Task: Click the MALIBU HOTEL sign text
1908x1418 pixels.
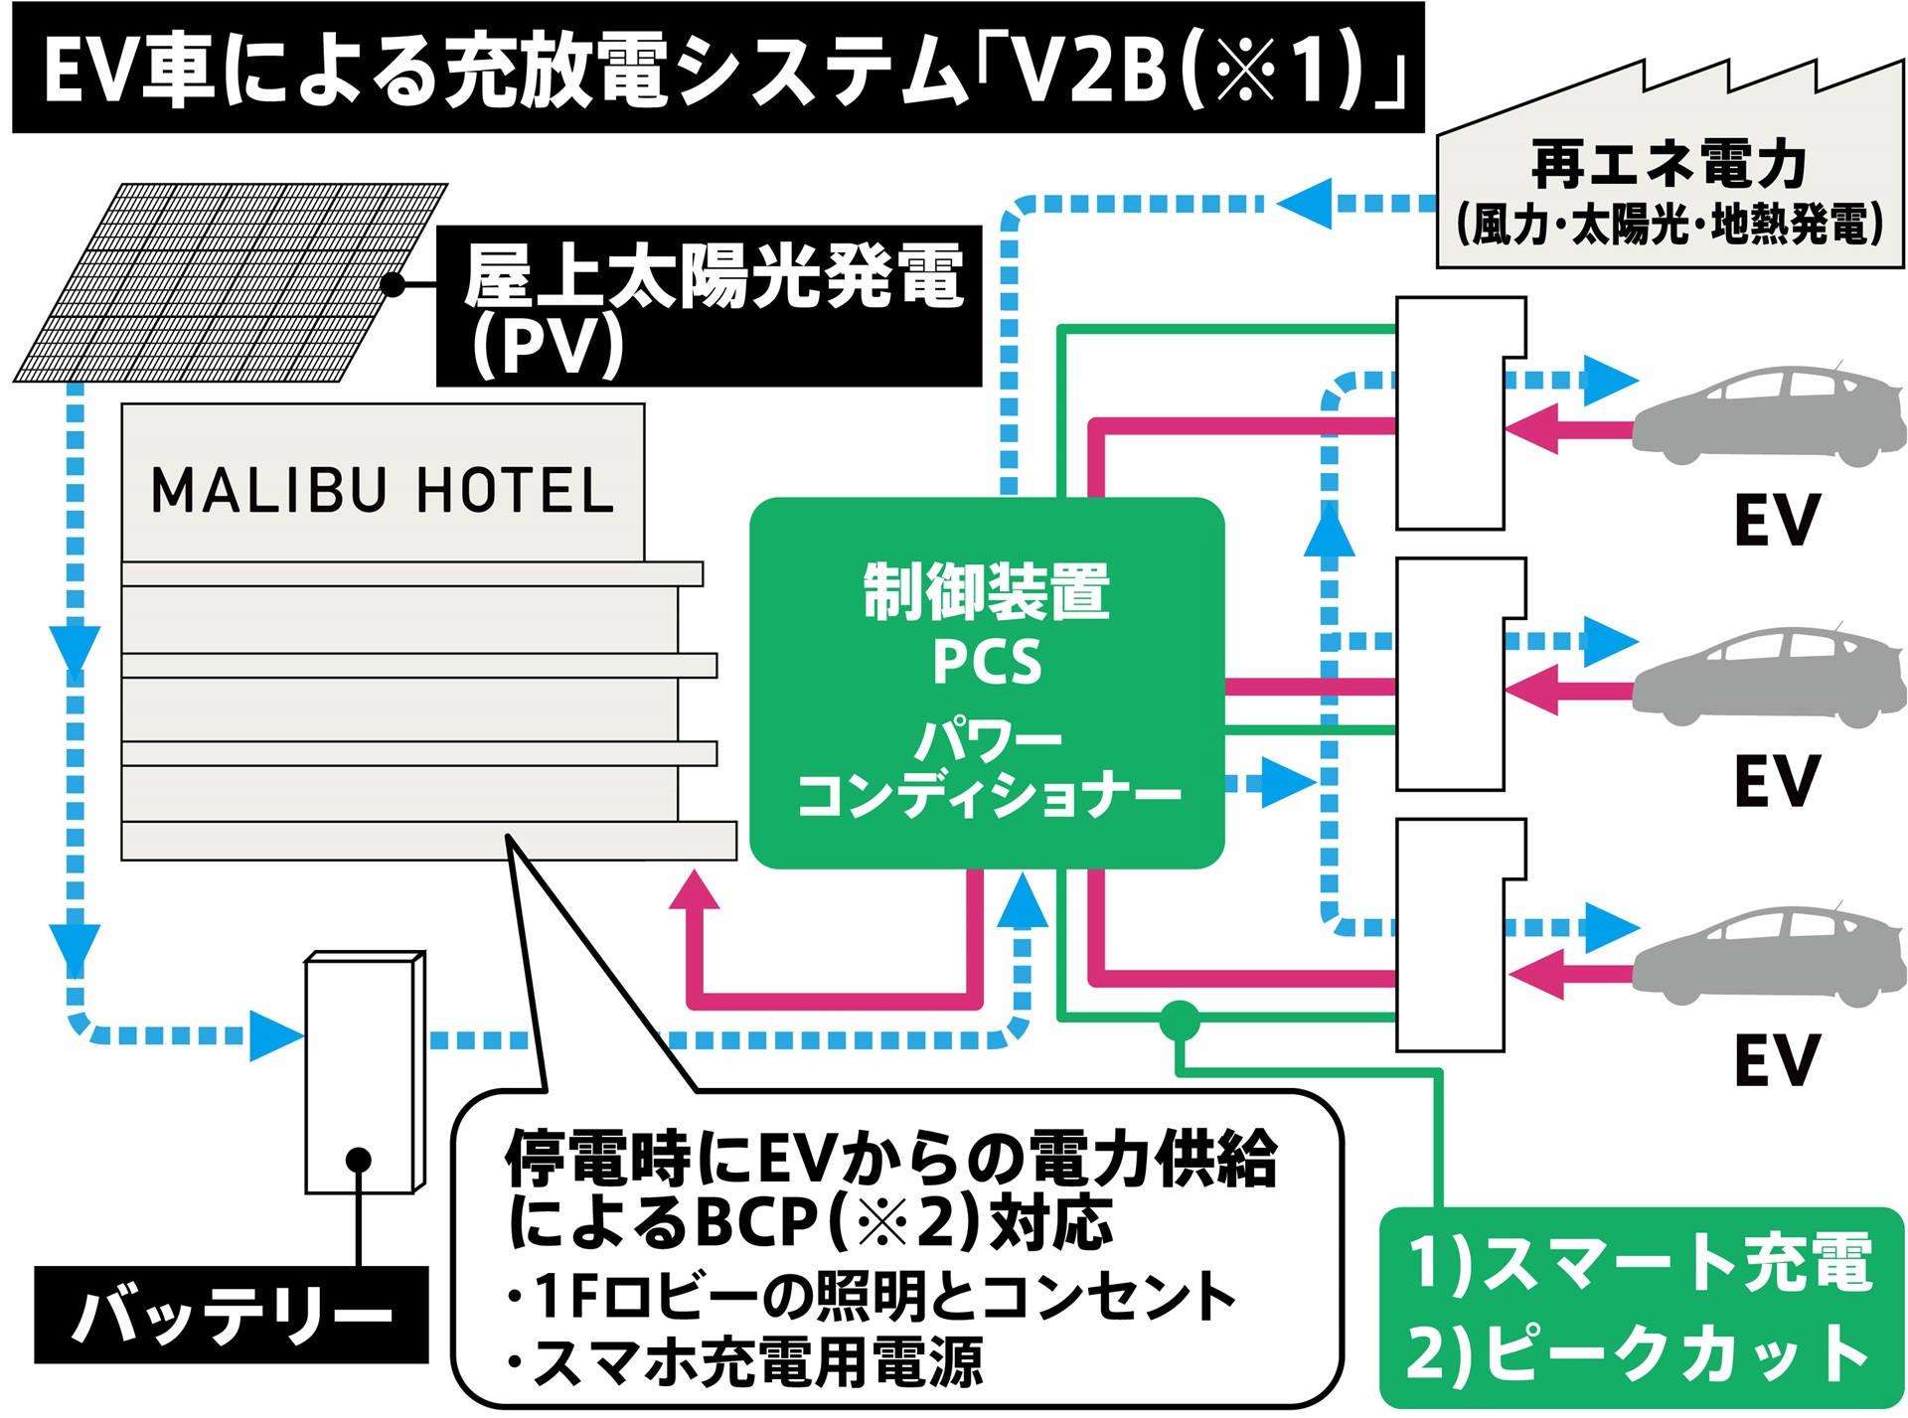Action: pos(383,491)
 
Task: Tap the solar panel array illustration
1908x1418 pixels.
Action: pos(231,282)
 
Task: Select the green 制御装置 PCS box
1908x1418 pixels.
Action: pos(986,683)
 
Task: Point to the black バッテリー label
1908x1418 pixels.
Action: pos(231,1315)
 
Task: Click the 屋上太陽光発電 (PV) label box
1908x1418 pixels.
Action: pos(709,306)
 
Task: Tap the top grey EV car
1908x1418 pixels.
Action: pos(1769,417)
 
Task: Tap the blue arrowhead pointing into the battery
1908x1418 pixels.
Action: pos(274,1036)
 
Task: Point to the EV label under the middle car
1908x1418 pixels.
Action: pos(1776,781)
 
